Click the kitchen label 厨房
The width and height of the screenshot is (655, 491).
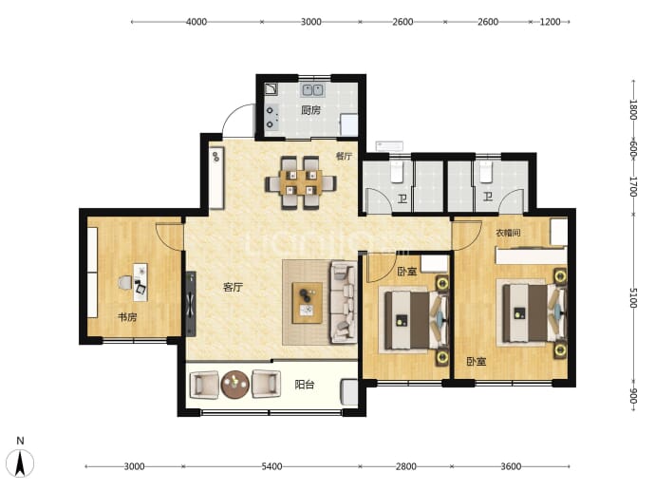click(x=311, y=110)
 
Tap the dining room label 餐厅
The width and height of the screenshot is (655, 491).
click(x=345, y=156)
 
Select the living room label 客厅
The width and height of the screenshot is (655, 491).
click(x=234, y=288)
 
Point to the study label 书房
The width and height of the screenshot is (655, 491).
click(x=127, y=317)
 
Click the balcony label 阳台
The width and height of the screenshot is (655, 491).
click(x=304, y=385)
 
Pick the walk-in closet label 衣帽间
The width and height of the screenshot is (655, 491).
click(x=508, y=233)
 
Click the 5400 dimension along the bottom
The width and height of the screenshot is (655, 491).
click(x=271, y=466)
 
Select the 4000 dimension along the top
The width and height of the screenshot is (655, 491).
click(x=196, y=22)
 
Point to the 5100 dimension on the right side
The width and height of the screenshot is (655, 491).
click(x=633, y=297)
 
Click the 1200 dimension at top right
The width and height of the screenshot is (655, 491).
click(x=550, y=22)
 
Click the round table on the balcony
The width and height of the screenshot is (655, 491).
click(x=235, y=384)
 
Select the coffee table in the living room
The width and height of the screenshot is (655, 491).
click(x=307, y=303)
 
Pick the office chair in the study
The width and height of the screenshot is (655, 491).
click(x=125, y=283)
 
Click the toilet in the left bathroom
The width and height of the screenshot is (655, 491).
click(x=397, y=172)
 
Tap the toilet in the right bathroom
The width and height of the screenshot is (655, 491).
click(x=485, y=172)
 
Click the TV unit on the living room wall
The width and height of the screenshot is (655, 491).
click(x=191, y=304)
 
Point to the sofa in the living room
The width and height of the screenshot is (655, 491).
click(x=344, y=302)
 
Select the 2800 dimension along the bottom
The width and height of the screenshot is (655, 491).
click(x=406, y=466)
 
